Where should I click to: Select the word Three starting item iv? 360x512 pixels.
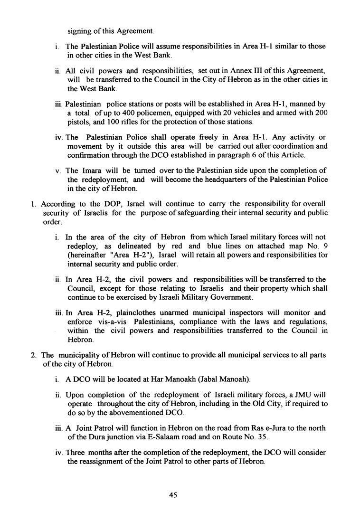click(77, 453)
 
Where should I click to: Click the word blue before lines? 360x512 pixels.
click(217, 247)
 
